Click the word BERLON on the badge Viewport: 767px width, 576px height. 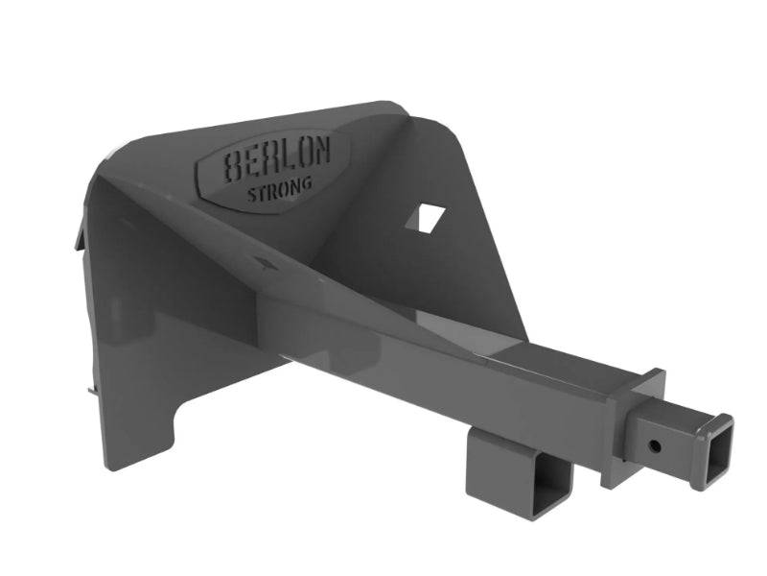coord(277,159)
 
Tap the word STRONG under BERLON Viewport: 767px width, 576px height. coord(280,189)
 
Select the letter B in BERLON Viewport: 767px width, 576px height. coord(233,168)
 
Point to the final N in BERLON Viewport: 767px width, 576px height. coord(322,152)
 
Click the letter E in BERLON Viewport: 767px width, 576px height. coord(252,163)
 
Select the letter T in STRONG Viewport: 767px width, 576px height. coord(260,193)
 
